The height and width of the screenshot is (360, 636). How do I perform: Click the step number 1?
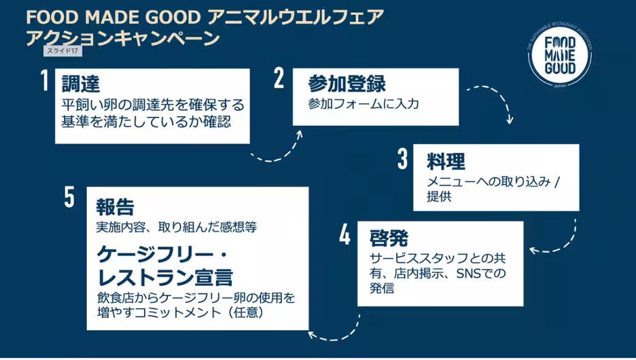[44, 81]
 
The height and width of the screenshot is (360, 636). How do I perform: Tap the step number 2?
[279, 79]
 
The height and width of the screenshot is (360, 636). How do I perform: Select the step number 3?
[402, 159]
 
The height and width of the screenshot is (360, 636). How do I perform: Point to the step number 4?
[345, 236]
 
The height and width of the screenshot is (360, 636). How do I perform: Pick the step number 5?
[69, 197]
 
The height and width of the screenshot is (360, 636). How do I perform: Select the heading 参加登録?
[347, 84]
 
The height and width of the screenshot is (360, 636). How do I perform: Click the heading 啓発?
[389, 238]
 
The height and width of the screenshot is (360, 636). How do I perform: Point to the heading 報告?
[115, 206]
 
